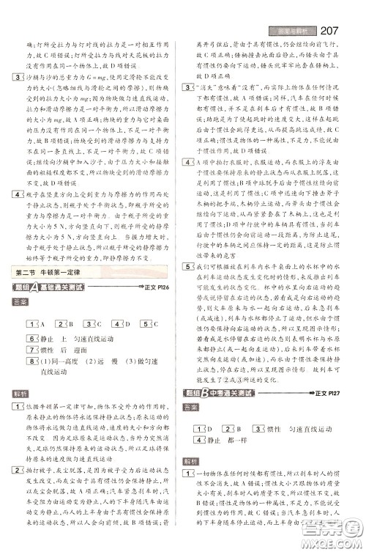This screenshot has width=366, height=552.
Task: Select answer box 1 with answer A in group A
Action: point(30,325)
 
